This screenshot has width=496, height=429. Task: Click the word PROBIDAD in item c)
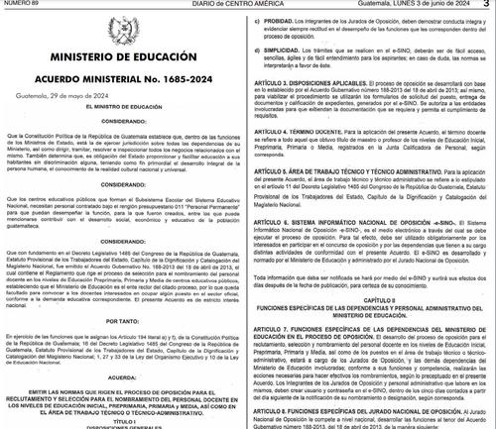point(288,20)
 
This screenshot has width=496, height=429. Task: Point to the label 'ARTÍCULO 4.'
point(279,131)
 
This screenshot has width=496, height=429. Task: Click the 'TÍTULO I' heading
point(122,417)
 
